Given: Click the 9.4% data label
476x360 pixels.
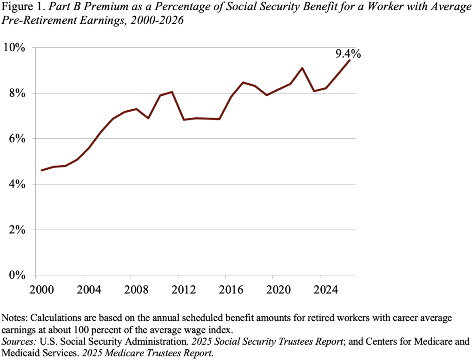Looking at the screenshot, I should coord(348,54).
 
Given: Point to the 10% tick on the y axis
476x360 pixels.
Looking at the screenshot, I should coord(19,47).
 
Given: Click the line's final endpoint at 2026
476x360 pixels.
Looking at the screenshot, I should coord(350,60).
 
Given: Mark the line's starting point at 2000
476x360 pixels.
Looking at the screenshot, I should coord(42,170).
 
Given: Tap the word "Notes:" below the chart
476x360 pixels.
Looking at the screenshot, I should coord(15,318).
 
